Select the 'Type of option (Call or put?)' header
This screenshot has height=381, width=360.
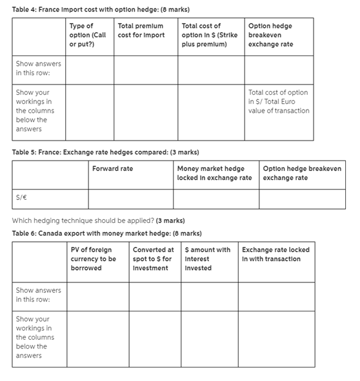[88, 35]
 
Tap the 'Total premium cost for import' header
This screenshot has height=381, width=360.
[141, 30]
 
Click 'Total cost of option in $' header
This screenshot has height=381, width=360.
[209, 35]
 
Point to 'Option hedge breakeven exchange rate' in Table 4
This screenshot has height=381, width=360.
[273, 35]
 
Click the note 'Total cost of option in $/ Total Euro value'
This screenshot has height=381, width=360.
[278, 101]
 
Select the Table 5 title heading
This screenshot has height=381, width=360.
[106, 152]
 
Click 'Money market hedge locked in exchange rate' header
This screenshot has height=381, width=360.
[214, 173]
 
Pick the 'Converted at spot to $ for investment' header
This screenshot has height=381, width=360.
[153, 259]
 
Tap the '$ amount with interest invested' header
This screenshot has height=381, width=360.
[207, 259]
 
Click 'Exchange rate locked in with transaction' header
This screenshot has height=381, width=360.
[275, 254]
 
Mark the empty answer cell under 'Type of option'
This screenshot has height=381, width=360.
[89, 72]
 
